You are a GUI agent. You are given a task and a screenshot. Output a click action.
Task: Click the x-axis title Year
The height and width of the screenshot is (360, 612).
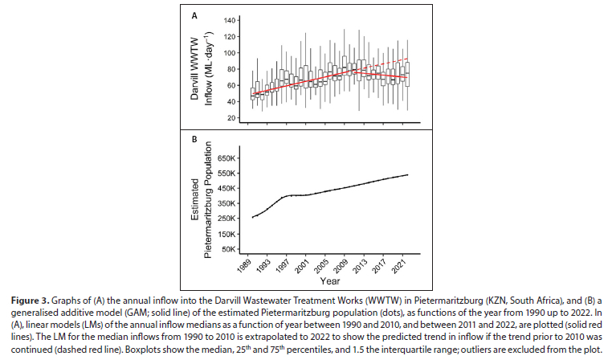tap(330, 284)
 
